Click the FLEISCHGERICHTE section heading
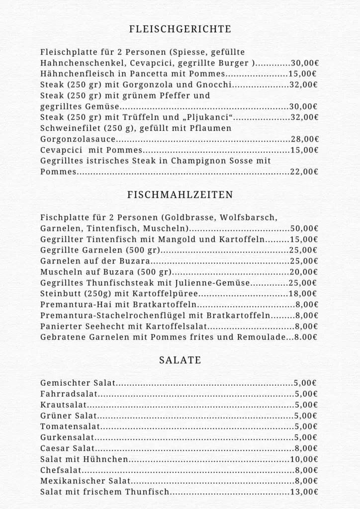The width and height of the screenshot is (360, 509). point(180,29)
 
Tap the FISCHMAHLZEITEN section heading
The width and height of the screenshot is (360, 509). point(180,195)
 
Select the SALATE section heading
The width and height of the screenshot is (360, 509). point(180,360)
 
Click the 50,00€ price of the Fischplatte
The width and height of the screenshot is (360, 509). point(304,229)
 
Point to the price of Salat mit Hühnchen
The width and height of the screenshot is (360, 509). point(304,459)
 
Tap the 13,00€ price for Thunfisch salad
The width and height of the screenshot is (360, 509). point(304,492)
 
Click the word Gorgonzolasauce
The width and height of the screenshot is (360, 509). point(79,139)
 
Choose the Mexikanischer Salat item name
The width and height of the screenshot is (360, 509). point(86,481)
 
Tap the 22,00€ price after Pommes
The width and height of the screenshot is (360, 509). point(304,172)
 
